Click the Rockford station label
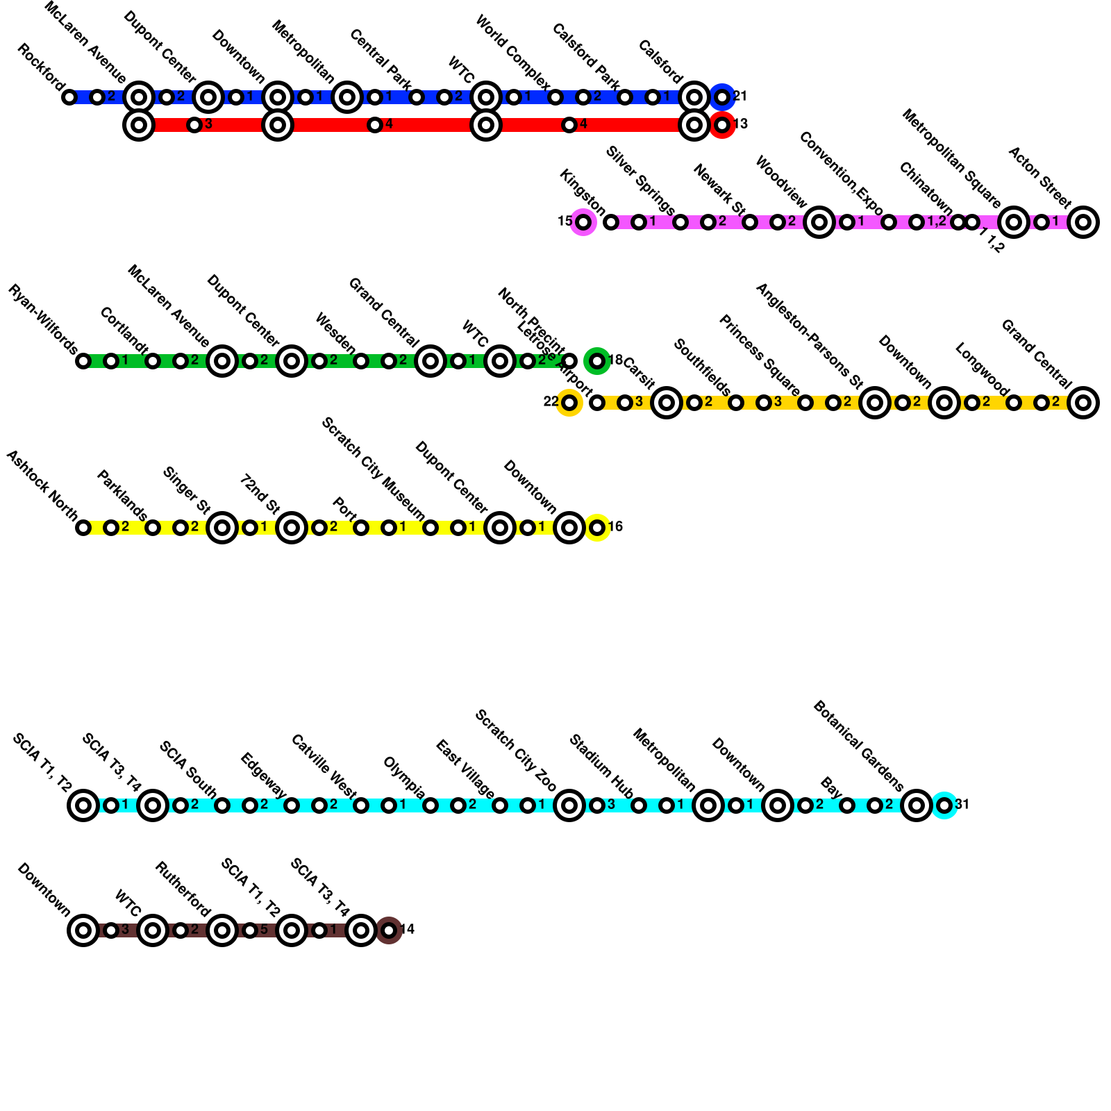pyautogui.click(x=40, y=67)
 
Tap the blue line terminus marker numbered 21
pyautogui.click(x=722, y=97)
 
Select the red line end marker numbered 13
pyautogui.click(x=722, y=125)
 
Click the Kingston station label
pyautogui.click(x=583, y=192)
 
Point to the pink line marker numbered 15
pyautogui.click(x=583, y=222)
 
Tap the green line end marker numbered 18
pyautogui.click(x=597, y=361)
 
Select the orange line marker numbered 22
pyautogui.click(x=569, y=402)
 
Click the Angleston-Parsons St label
pyautogui.click(x=809, y=336)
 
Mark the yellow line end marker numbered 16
pyautogui.click(x=597, y=528)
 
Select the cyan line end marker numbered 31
pyautogui.click(x=944, y=805)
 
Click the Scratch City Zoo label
pyautogui.click(x=516, y=751)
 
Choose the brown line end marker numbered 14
pyautogui.click(x=389, y=930)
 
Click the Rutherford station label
pyautogui.click(x=183, y=889)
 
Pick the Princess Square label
pyautogui.click(x=760, y=356)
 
